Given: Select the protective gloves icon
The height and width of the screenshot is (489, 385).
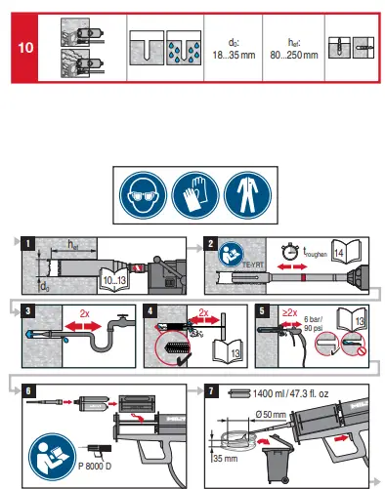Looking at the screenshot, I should (192, 196).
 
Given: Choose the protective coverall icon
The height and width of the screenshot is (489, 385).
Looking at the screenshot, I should (244, 196).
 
